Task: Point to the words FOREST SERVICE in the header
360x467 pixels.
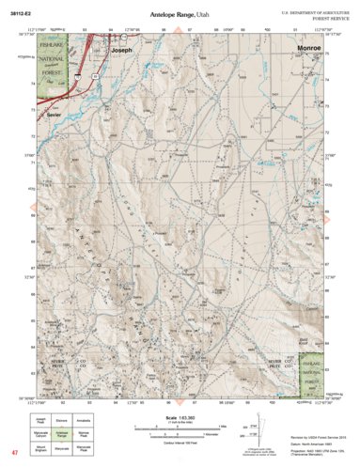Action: pos(321,18)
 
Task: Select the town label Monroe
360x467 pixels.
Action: pos(307,44)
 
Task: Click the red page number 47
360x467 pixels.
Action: pos(16,456)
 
